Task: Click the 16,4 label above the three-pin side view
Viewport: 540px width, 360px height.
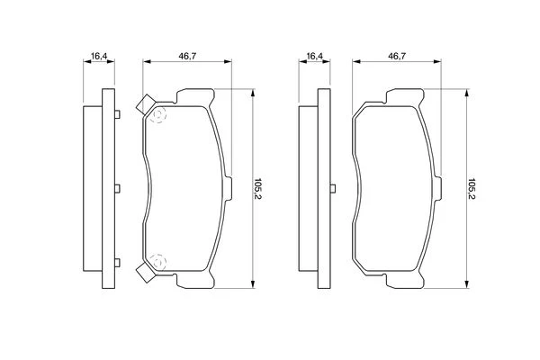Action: (x=99, y=56)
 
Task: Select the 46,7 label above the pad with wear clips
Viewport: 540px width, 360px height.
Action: (x=187, y=56)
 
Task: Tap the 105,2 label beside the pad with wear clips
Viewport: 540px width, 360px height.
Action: (x=257, y=189)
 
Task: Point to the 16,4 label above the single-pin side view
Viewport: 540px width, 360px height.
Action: (x=315, y=56)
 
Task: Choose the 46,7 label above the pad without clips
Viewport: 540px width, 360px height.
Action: (x=397, y=56)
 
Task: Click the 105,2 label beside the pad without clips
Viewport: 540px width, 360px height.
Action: (x=472, y=189)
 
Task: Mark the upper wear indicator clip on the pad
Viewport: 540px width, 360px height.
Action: (x=145, y=104)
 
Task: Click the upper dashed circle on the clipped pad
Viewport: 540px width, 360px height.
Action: (x=158, y=114)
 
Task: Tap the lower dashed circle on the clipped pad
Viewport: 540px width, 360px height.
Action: (x=158, y=262)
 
